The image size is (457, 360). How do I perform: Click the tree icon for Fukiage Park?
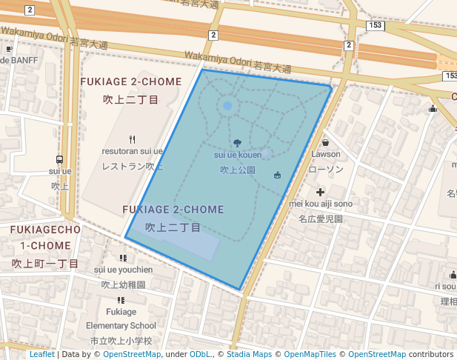pyautogui.click(x=237, y=143)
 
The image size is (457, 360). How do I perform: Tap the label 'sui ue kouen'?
pyautogui.click(x=237, y=156)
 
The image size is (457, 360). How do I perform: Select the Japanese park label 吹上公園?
pyautogui.click(x=237, y=170)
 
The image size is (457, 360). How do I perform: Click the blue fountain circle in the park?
pyautogui.click(x=227, y=106)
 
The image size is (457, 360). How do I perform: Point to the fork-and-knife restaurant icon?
pyautogui.click(x=133, y=139)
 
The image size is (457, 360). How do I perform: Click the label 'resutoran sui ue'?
pyautogui.click(x=133, y=151)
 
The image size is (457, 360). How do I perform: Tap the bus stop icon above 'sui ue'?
pyautogui.click(x=60, y=159)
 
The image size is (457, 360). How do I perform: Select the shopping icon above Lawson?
pyautogui.click(x=325, y=142)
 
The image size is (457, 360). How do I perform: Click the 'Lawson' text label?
pyautogui.click(x=325, y=154)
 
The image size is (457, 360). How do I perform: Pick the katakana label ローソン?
pyautogui.click(x=325, y=169)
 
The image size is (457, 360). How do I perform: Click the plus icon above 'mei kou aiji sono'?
pyautogui.click(x=320, y=192)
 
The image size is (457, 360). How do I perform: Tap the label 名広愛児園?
pyautogui.click(x=320, y=219)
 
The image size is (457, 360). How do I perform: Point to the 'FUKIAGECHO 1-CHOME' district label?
pyautogui.click(x=44, y=237)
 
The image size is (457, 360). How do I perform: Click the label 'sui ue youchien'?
pyautogui.click(x=123, y=270)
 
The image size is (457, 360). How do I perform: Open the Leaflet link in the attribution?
pyautogui.click(x=41, y=355)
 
